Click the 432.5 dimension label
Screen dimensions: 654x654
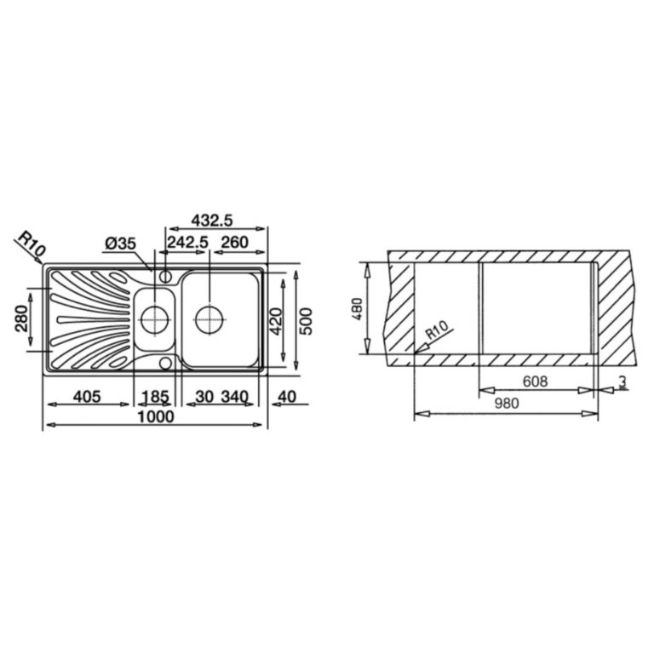(x=211, y=220)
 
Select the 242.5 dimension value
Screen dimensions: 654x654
(x=187, y=242)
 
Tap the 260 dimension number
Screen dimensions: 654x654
(x=234, y=242)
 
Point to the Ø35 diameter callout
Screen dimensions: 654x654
(x=121, y=244)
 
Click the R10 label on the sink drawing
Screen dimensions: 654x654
(x=32, y=245)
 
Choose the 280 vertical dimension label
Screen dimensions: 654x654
(x=21, y=318)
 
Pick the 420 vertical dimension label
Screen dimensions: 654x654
(x=276, y=321)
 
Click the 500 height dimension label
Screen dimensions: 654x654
(x=306, y=321)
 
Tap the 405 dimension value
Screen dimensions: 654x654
(x=87, y=396)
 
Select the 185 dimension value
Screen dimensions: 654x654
(x=155, y=396)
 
